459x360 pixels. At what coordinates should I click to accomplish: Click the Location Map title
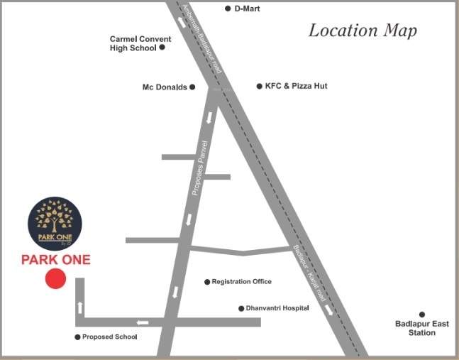(x=363, y=31)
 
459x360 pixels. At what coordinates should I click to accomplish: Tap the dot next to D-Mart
(x=228, y=9)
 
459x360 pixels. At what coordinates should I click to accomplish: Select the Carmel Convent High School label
(x=133, y=43)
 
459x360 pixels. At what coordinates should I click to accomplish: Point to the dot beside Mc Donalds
(x=192, y=87)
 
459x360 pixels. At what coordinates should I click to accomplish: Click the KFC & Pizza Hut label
(x=296, y=86)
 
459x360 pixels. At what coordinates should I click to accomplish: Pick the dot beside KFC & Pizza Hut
(x=259, y=86)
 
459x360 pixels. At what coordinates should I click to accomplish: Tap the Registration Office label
(x=241, y=282)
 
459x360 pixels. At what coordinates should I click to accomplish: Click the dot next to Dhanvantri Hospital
(x=240, y=308)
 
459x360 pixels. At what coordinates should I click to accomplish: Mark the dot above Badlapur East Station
(x=421, y=314)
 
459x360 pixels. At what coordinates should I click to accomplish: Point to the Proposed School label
(x=109, y=337)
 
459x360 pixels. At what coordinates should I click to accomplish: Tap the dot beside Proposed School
(x=77, y=337)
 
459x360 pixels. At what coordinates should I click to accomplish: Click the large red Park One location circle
(x=55, y=278)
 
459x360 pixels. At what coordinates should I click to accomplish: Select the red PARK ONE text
(x=55, y=260)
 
